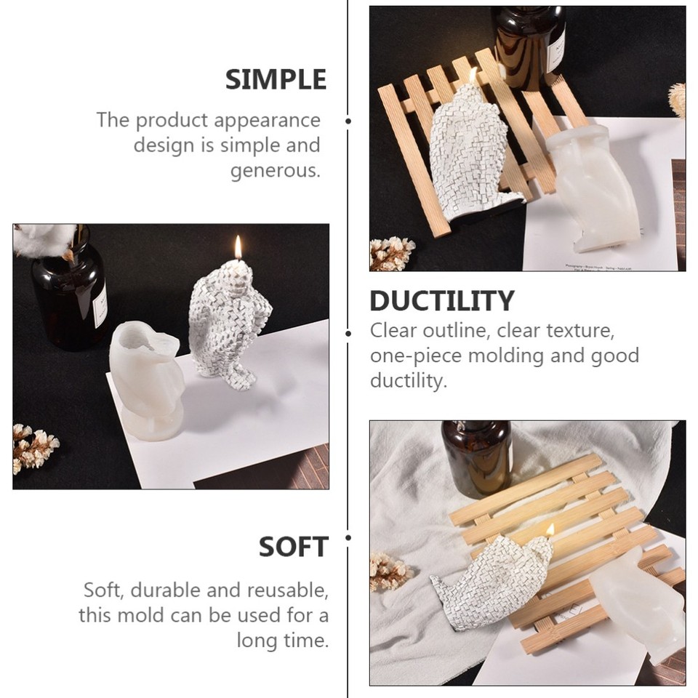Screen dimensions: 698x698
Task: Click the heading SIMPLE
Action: [276, 79]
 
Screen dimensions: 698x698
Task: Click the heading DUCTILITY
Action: [441, 300]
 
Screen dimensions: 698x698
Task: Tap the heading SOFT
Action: [294, 547]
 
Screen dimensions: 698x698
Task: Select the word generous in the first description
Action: [275, 171]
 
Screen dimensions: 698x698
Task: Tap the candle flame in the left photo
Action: [238, 247]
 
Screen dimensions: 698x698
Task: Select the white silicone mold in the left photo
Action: [145, 378]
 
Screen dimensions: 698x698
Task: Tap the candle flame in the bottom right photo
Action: [550, 530]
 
